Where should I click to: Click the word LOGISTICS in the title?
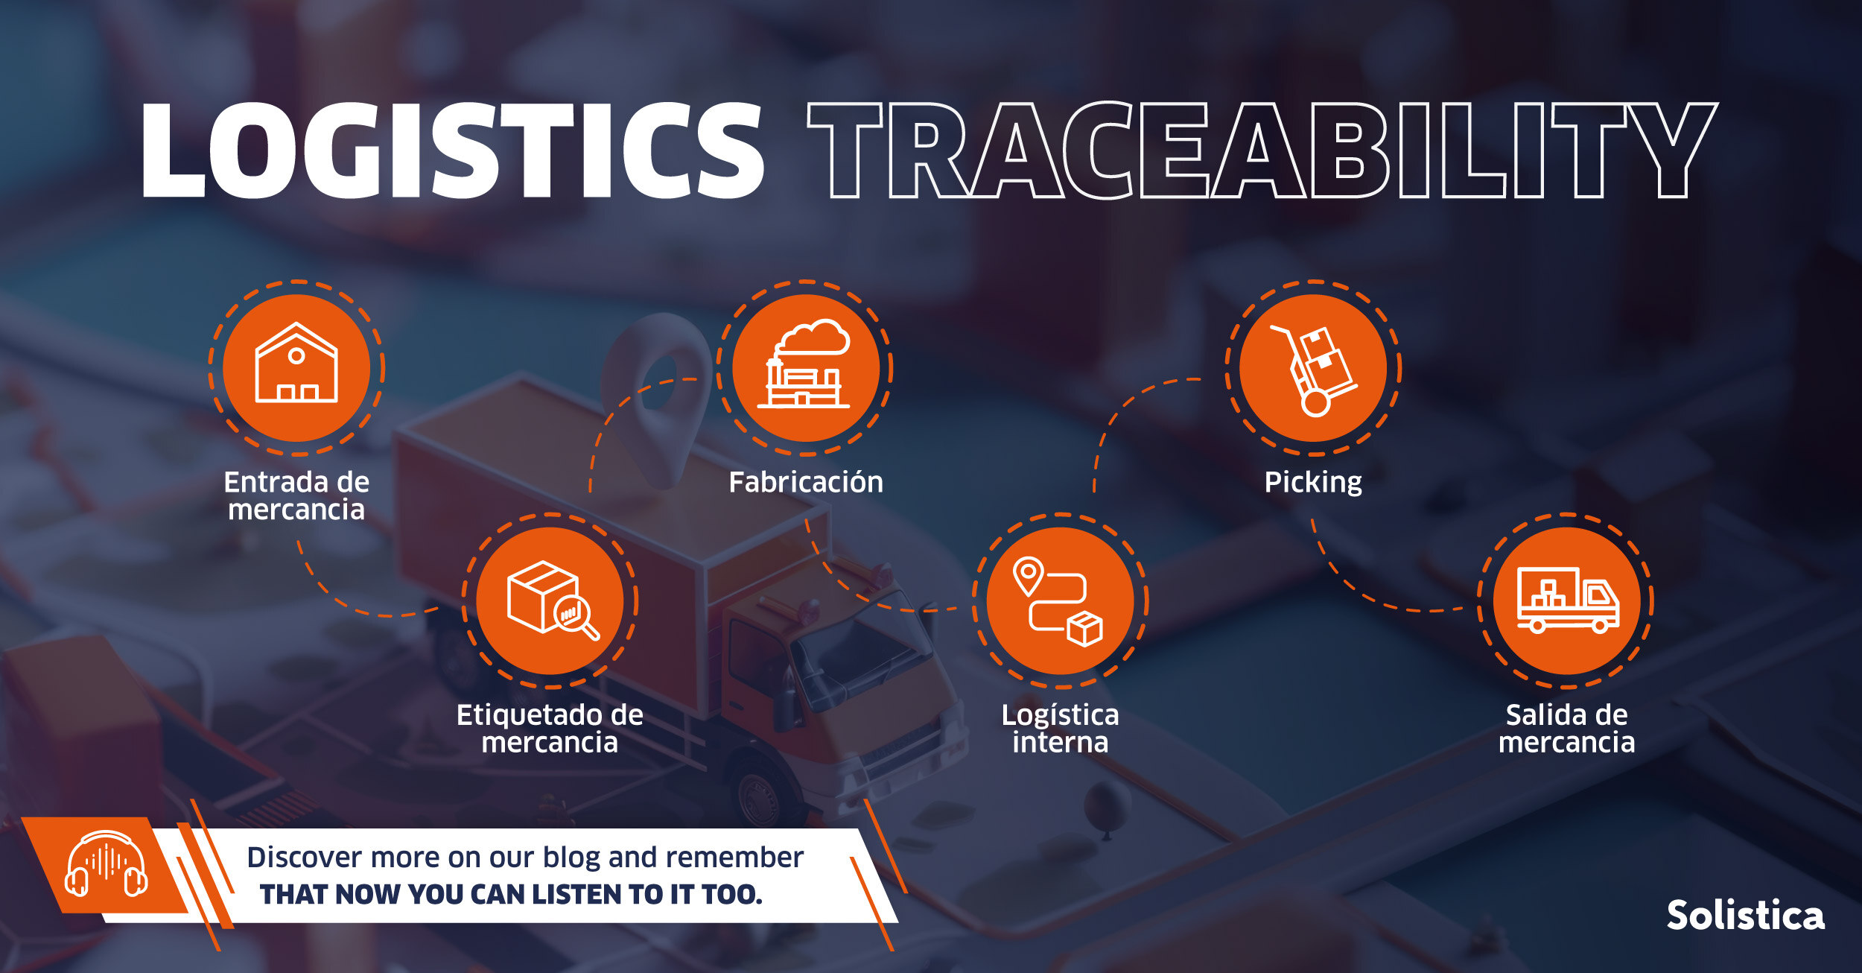click(452, 150)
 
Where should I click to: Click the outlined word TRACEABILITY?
click(1263, 150)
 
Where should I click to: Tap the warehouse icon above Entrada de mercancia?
click(296, 363)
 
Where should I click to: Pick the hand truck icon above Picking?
click(1314, 370)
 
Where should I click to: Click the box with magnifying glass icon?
click(552, 600)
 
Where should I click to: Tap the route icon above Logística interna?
click(1058, 601)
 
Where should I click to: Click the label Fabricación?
click(806, 482)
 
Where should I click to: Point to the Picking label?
click(1313, 483)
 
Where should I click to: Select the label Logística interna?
click(1060, 729)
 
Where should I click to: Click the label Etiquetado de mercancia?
click(550, 729)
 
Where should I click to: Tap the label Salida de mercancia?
click(1567, 729)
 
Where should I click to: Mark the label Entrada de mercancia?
click(296, 495)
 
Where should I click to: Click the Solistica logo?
click(1746, 915)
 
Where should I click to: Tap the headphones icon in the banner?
click(106, 863)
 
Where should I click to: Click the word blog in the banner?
click(571, 858)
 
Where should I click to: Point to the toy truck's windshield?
click(864, 648)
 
